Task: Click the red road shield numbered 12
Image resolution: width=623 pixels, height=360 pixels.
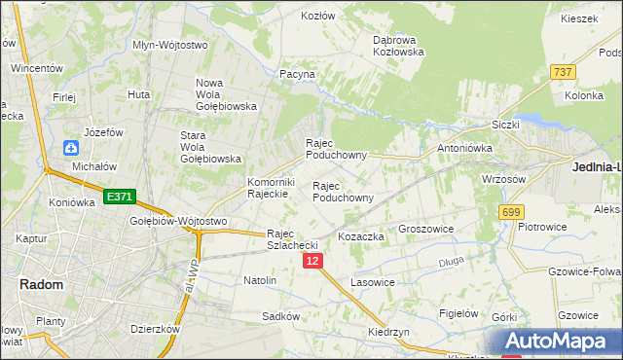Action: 311,262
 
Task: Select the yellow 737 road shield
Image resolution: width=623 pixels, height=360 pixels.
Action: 562,72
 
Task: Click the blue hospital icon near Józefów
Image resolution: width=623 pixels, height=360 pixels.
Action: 71,148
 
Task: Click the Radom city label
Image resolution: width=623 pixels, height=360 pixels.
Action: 41,284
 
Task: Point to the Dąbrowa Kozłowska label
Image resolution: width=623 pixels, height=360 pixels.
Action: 398,46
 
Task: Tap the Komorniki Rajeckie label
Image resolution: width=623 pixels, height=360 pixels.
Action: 271,187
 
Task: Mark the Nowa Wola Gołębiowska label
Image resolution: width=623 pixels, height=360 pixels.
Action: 225,94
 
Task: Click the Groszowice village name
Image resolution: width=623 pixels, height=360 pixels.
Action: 427,230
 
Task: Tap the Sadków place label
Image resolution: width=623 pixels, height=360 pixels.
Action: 280,316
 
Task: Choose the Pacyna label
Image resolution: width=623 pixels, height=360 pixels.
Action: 298,74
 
